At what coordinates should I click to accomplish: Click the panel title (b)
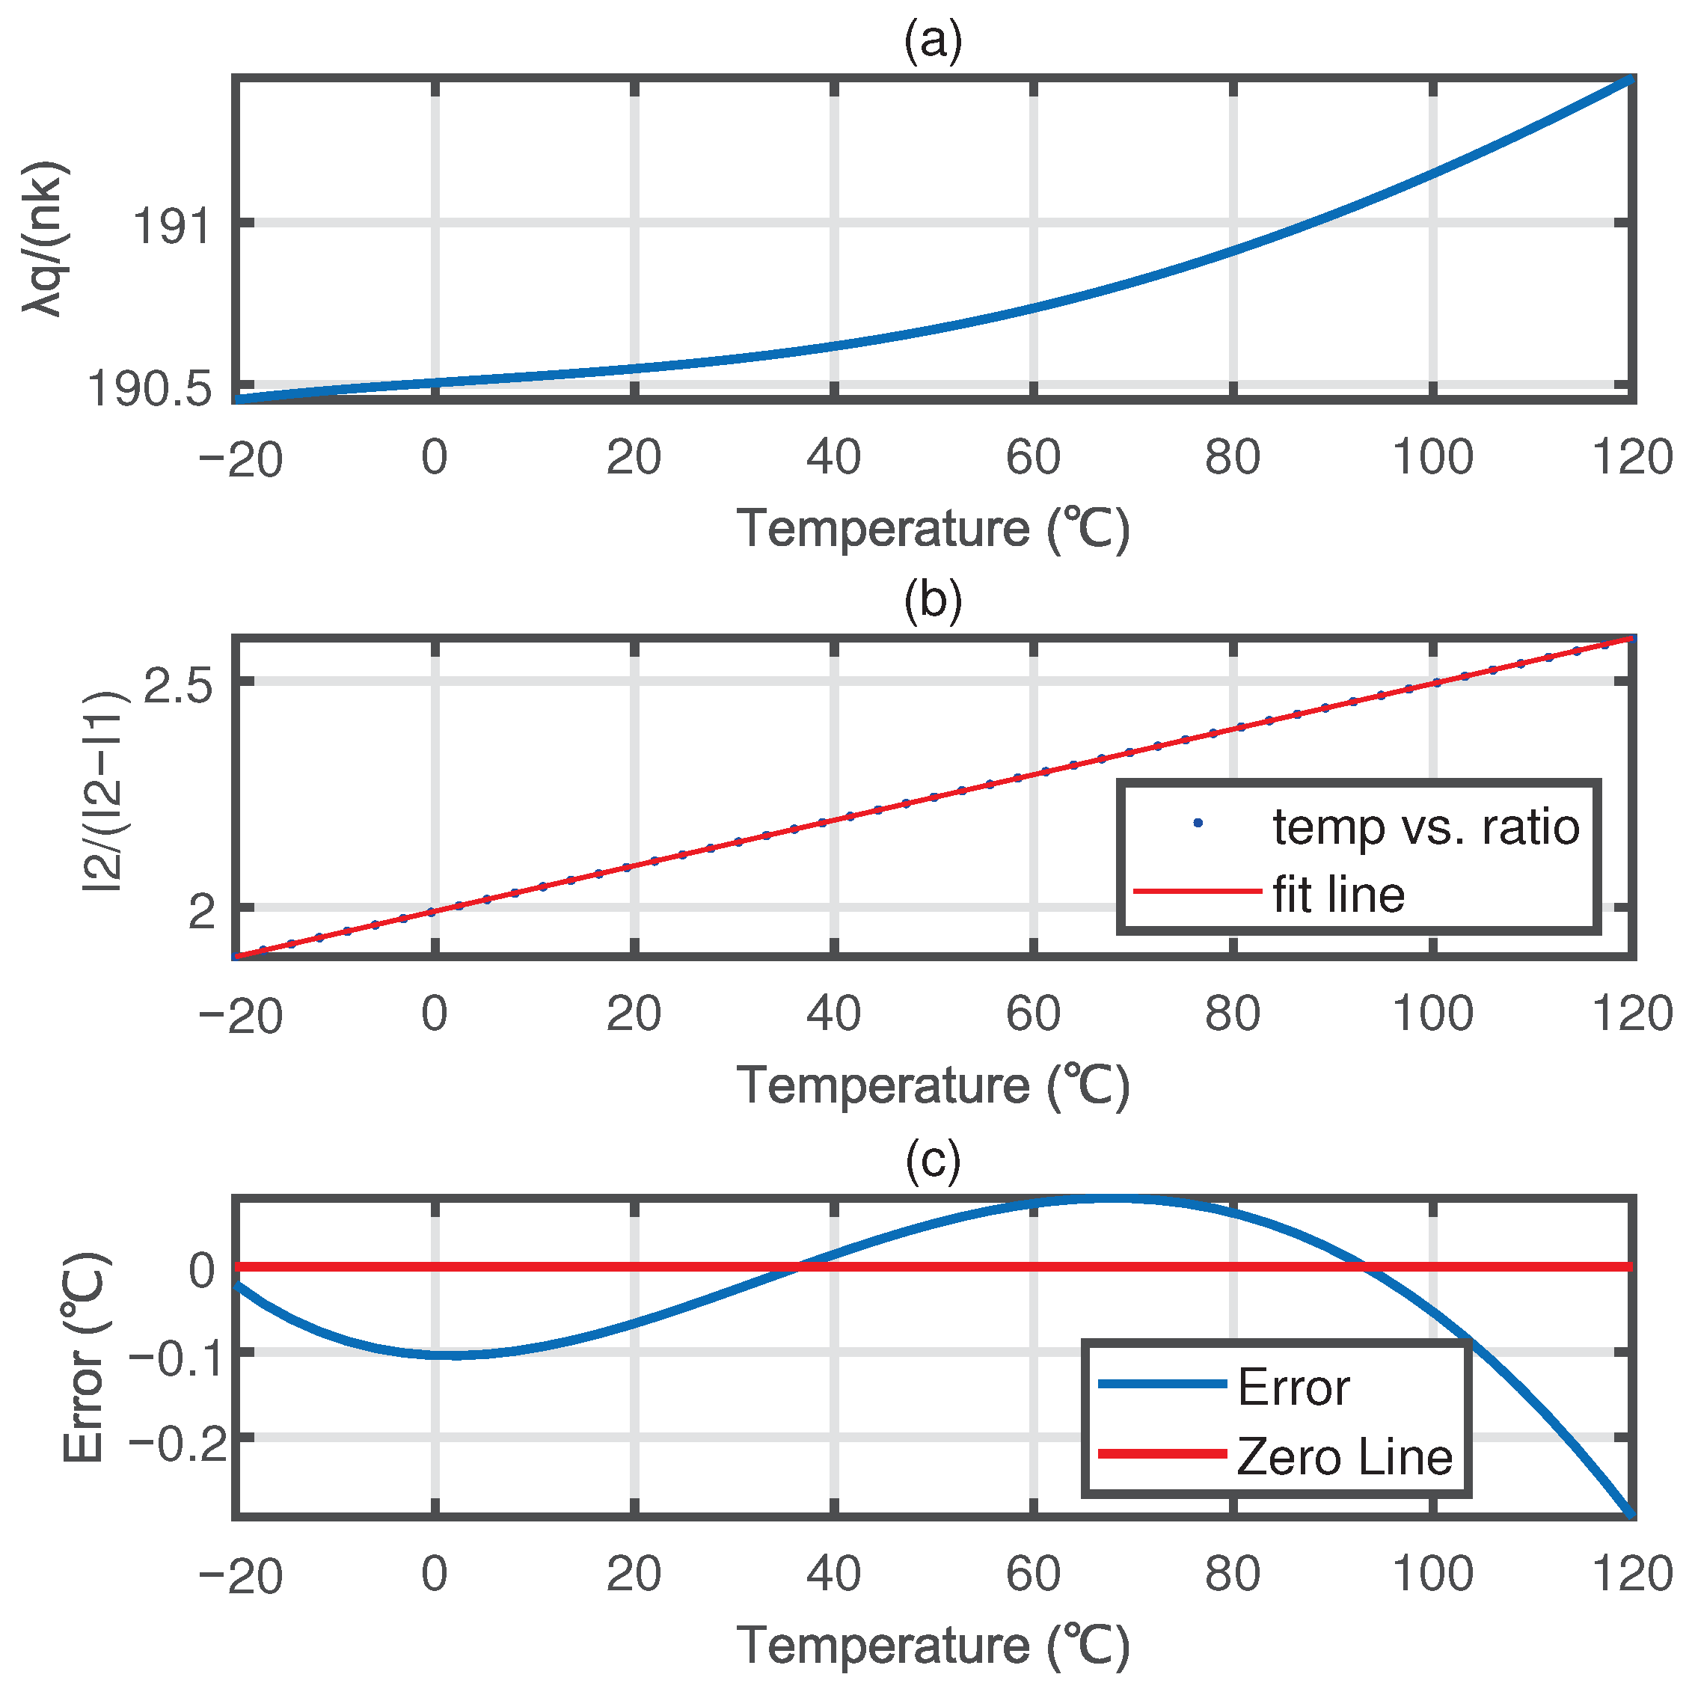click(x=933, y=601)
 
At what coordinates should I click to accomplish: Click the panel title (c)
click(x=933, y=1160)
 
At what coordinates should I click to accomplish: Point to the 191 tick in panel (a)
click(x=171, y=227)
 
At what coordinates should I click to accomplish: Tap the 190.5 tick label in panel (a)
click(x=149, y=388)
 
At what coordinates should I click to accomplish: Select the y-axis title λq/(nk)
click(x=43, y=238)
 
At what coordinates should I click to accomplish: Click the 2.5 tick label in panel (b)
click(x=177, y=687)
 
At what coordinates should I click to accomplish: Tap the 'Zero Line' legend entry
click(x=1343, y=1456)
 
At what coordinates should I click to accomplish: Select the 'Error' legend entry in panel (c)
click(x=1293, y=1388)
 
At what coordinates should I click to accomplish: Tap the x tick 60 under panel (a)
click(x=1032, y=457)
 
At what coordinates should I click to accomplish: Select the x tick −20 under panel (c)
click(x=239, y=1575)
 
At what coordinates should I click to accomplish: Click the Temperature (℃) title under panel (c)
click(x=933, y=1646)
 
